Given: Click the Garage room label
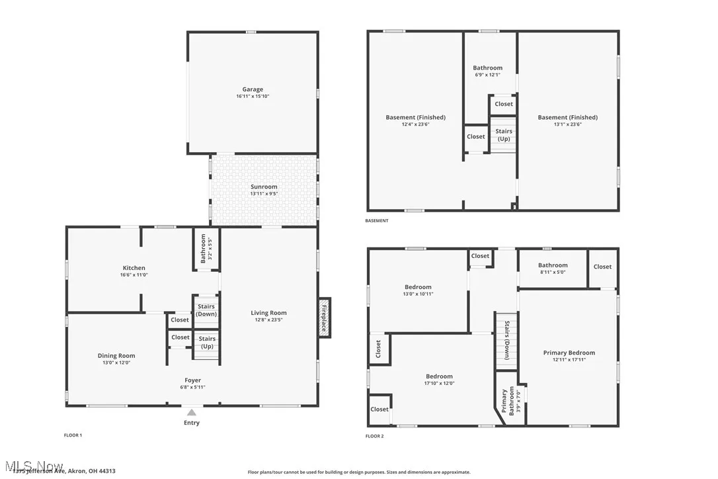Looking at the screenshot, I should coord(253,89).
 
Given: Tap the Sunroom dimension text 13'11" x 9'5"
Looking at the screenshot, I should coord(263,194).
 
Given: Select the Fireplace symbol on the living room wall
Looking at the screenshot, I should coord(324,317).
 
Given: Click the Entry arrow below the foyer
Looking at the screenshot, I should coord(191,413).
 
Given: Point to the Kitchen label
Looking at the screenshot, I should coord(134,268).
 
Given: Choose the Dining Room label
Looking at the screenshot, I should coord(116,356).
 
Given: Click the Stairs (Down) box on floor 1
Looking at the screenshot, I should coord(206,310).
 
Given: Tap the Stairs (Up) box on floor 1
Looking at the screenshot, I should coord(206,343).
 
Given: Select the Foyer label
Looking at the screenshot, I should coord(192,380).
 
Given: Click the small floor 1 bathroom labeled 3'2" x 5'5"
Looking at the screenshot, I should coord(204,249).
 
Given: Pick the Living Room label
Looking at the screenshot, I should coord(268,313).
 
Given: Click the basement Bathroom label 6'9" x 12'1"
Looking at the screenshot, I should coord(487,67).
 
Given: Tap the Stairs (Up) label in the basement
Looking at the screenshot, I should coord(504,135).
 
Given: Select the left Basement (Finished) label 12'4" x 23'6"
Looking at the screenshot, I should coord(415,118).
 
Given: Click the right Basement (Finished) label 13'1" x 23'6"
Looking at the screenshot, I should coord(567,118).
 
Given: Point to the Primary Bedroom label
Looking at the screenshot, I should coord(569,353).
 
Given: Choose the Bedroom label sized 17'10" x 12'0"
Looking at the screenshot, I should coord(439,376).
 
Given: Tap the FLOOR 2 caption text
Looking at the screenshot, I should coord(374,436).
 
